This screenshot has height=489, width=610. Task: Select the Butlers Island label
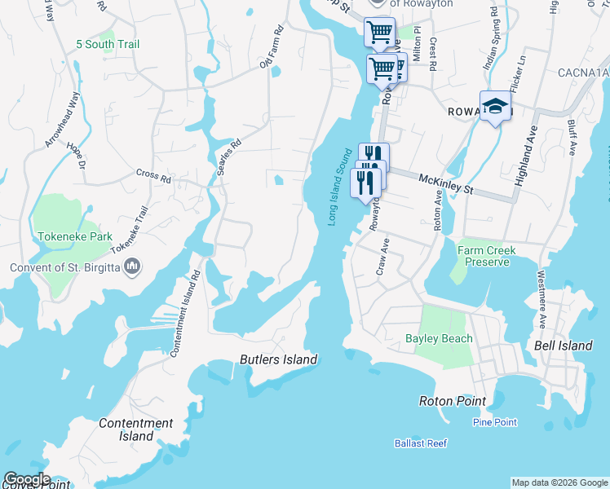pos(277,359)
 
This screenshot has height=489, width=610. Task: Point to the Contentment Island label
pos(135,430)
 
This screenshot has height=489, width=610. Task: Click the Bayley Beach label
pos(439,338)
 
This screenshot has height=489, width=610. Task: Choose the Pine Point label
pos(494,422)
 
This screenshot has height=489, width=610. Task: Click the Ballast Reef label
pos(420,444)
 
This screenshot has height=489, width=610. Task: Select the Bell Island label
pos(563,346)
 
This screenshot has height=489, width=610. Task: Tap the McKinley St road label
pos(446,183)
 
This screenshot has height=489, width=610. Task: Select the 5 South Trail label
pos(108,44)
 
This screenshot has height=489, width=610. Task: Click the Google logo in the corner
pos(27,479)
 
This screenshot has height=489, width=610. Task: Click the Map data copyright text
pos(559,482)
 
